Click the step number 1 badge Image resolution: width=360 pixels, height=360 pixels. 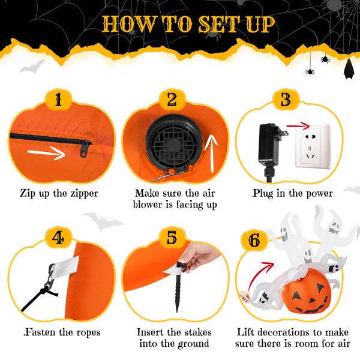pos(58,100)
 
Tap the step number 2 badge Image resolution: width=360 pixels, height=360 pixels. pos(172,100)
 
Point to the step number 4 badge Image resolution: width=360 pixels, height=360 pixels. pos(58,238)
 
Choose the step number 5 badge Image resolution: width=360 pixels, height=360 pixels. pos(172,238)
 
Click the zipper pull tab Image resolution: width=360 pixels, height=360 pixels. pos(86,147)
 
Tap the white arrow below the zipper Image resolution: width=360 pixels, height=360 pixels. pos(47,154)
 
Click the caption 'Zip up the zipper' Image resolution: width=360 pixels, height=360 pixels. pos(58,193)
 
